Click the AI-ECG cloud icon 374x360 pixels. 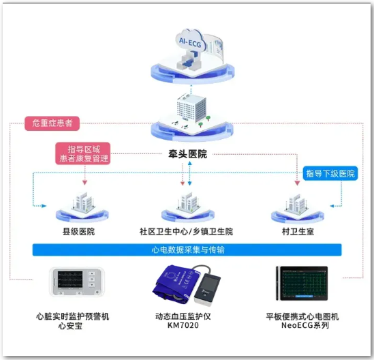190,41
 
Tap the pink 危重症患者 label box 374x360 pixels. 52,123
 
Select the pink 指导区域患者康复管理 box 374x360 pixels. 83,153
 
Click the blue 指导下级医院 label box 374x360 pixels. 330,173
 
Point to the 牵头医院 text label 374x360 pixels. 187,154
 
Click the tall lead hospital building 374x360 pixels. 191,108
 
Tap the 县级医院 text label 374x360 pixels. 79,231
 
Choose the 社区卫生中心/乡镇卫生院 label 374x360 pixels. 186,231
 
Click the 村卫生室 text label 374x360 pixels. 298,231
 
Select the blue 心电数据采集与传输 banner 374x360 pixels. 187,250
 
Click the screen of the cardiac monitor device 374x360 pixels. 70,279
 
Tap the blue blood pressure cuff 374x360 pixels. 174,284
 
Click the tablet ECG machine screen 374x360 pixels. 304,283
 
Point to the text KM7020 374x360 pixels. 183,325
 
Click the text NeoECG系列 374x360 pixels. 305,325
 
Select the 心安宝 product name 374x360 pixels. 70,326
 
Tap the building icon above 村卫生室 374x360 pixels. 296,203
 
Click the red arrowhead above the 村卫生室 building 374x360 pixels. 297,183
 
